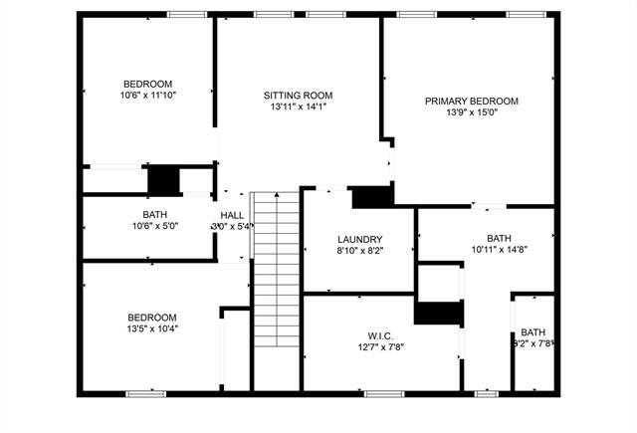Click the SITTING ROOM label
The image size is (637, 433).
pyautogui.click(x=297, y=95)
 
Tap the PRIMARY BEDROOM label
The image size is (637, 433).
pyautogui.click(x=471, y=101)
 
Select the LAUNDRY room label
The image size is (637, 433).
pyautogui.click(x=359, y=239)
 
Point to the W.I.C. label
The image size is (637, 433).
pyautogui.click(x=379, y=334)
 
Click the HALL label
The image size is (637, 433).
pyautogui.click(x=232, y=215)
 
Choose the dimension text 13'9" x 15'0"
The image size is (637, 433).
pyautogui.click(x=471, y=112)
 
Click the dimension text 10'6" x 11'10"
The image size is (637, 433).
pyautogui.click(x=147, y=96)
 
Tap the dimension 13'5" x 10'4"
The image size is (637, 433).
pyautogui.click(x=152, y=327)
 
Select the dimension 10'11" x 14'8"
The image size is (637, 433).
pyautogui.click(x=498, y=250)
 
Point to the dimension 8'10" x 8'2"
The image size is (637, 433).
pyautogui.click(x=359, y=251)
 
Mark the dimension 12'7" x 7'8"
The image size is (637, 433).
pyautogui.click(x=379, y=346)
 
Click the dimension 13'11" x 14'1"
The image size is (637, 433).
pyautogui.click(x=297, y=107)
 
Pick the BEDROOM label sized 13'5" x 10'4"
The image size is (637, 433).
pyautogui.click(x=152, y=316)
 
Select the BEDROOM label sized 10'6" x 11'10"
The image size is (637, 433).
pyautogui.click(x=147, y=84)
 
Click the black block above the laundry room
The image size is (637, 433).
pyautogui.click(x=370, y=197)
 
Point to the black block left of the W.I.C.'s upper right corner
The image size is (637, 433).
pyautogui.click(x=438, y=314)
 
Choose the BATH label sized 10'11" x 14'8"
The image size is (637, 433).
pyautogui.click(x=498, y=238)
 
